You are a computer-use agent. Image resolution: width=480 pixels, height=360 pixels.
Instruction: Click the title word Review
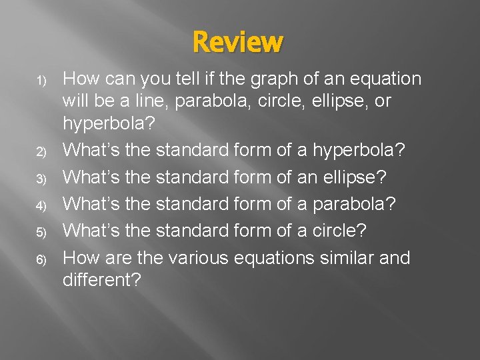click(x=238, y=42)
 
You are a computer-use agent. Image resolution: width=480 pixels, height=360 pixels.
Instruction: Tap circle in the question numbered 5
click(x=339, y=231)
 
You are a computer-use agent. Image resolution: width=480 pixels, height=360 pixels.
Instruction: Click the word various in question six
click(x=199, y=258)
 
